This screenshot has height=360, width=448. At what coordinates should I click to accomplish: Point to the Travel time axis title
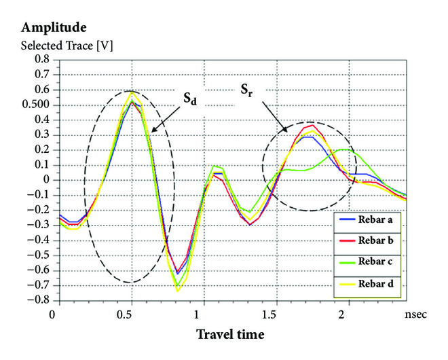coord(230,334)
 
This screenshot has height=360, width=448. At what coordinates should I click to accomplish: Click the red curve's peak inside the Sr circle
coord(312,125)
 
